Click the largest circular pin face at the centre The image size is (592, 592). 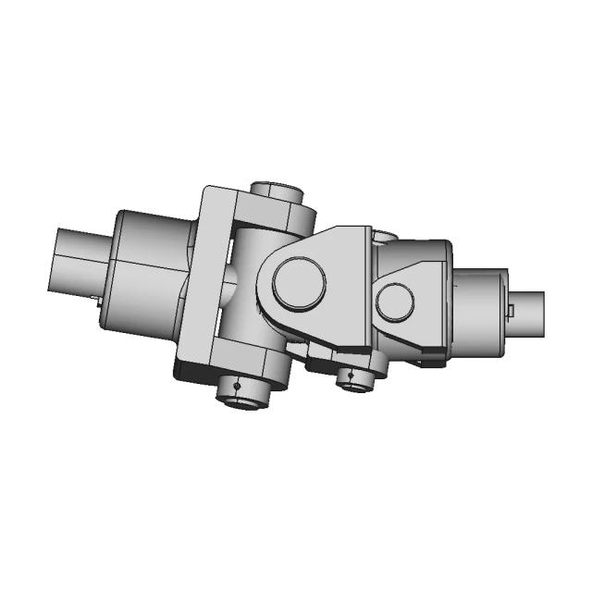(299, 283)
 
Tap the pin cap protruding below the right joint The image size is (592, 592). (356, 378)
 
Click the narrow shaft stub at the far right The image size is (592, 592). (528, 314)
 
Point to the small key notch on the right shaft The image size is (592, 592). (511, 307)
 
